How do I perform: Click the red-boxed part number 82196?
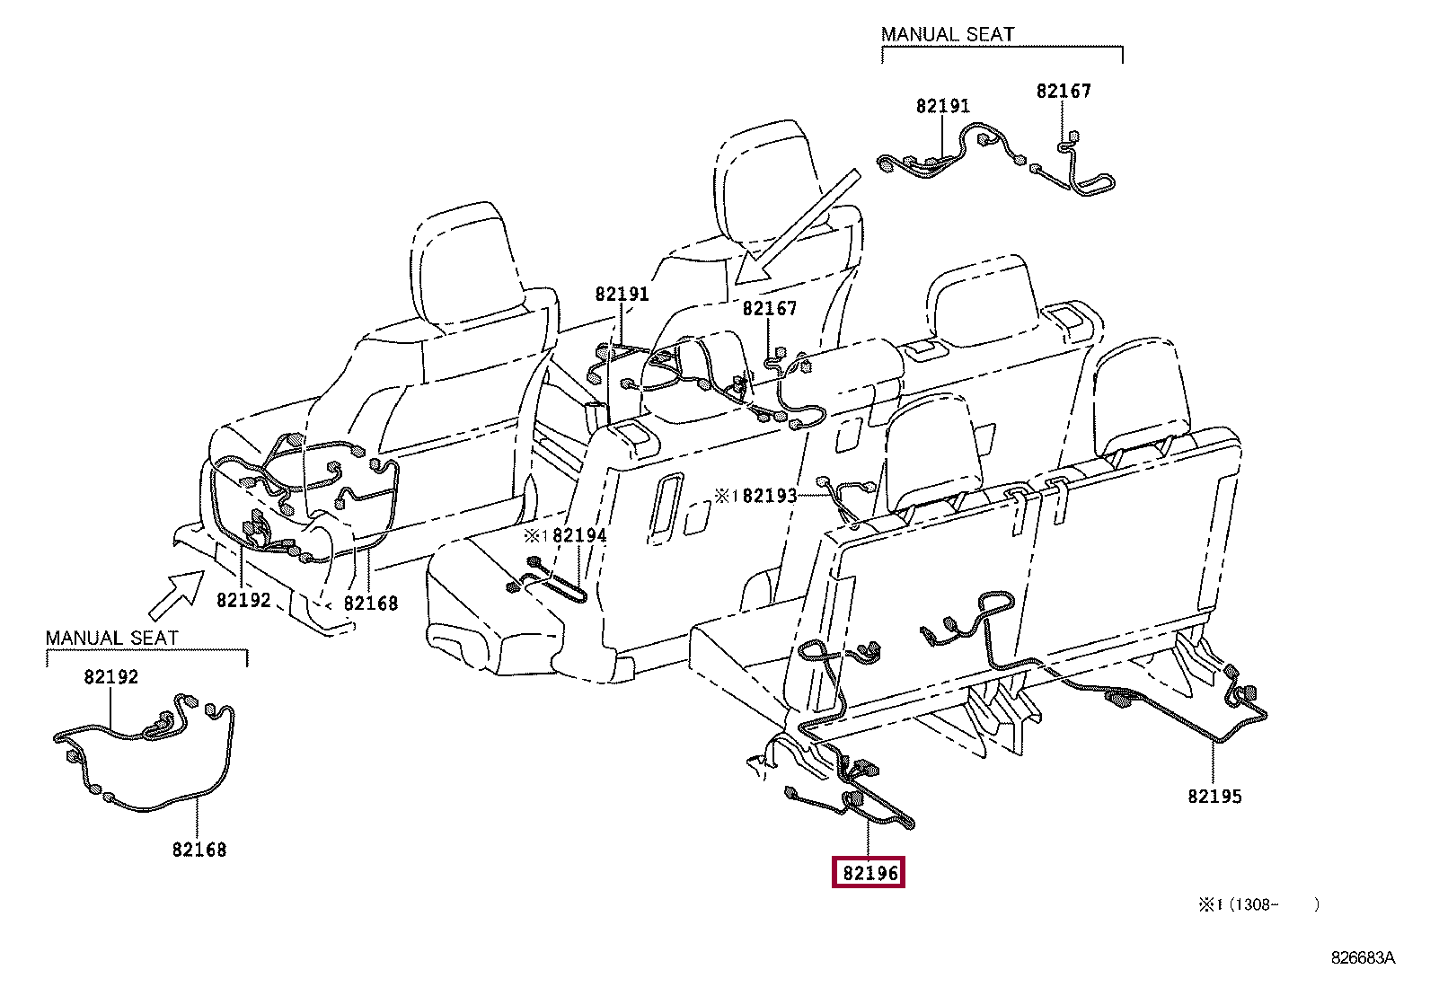pyautogui.click(x=869, y=872)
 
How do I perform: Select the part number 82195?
pyautogui.click(x=1214, y=796)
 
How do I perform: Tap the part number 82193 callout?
pyautogui.click(x=770, y=495)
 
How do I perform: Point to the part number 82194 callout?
pyautogui.click(x=579, y=535)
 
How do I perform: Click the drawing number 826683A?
pyautogui.click(x=1363, y=958)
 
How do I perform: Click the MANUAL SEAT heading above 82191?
pyautogui.click(x=948, y=35)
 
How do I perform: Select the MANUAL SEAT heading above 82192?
pyautogui.click(x=112, y=638)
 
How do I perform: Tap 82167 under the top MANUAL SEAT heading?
pyautogui.click(x=1064, y=91)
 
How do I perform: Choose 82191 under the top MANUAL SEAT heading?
pyautogui.click(x=943, y=106)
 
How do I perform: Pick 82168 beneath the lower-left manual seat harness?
pyautogui.click(x=199, y=849)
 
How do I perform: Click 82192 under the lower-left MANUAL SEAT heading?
pyautogui.click(x=111, y=677)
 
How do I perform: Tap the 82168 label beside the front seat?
pyautogui.click(x=371, y=604)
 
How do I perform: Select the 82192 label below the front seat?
pyautogui.click(x=243, y=600)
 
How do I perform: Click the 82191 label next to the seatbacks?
pyautogui.click(x=622, y=295)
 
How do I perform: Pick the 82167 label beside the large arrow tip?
pyautogui.click(x=769, y=309)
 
